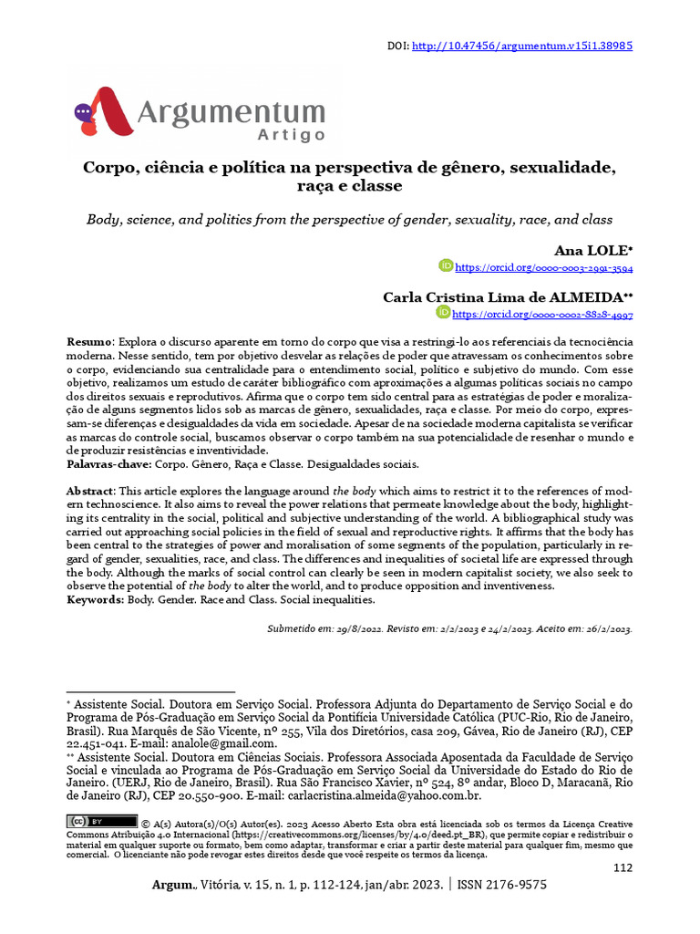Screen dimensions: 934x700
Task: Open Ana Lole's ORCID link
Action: click(x=543, y=268)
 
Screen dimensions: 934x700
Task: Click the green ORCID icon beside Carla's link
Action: click(x=443, y=313)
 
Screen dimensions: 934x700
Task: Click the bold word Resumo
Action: click(x=89, y=341)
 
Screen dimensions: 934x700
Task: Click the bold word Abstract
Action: click(x=91, y=492)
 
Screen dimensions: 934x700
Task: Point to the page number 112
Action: click(x=623, y=867)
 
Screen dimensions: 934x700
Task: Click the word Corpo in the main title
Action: click(x=108, y=168)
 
